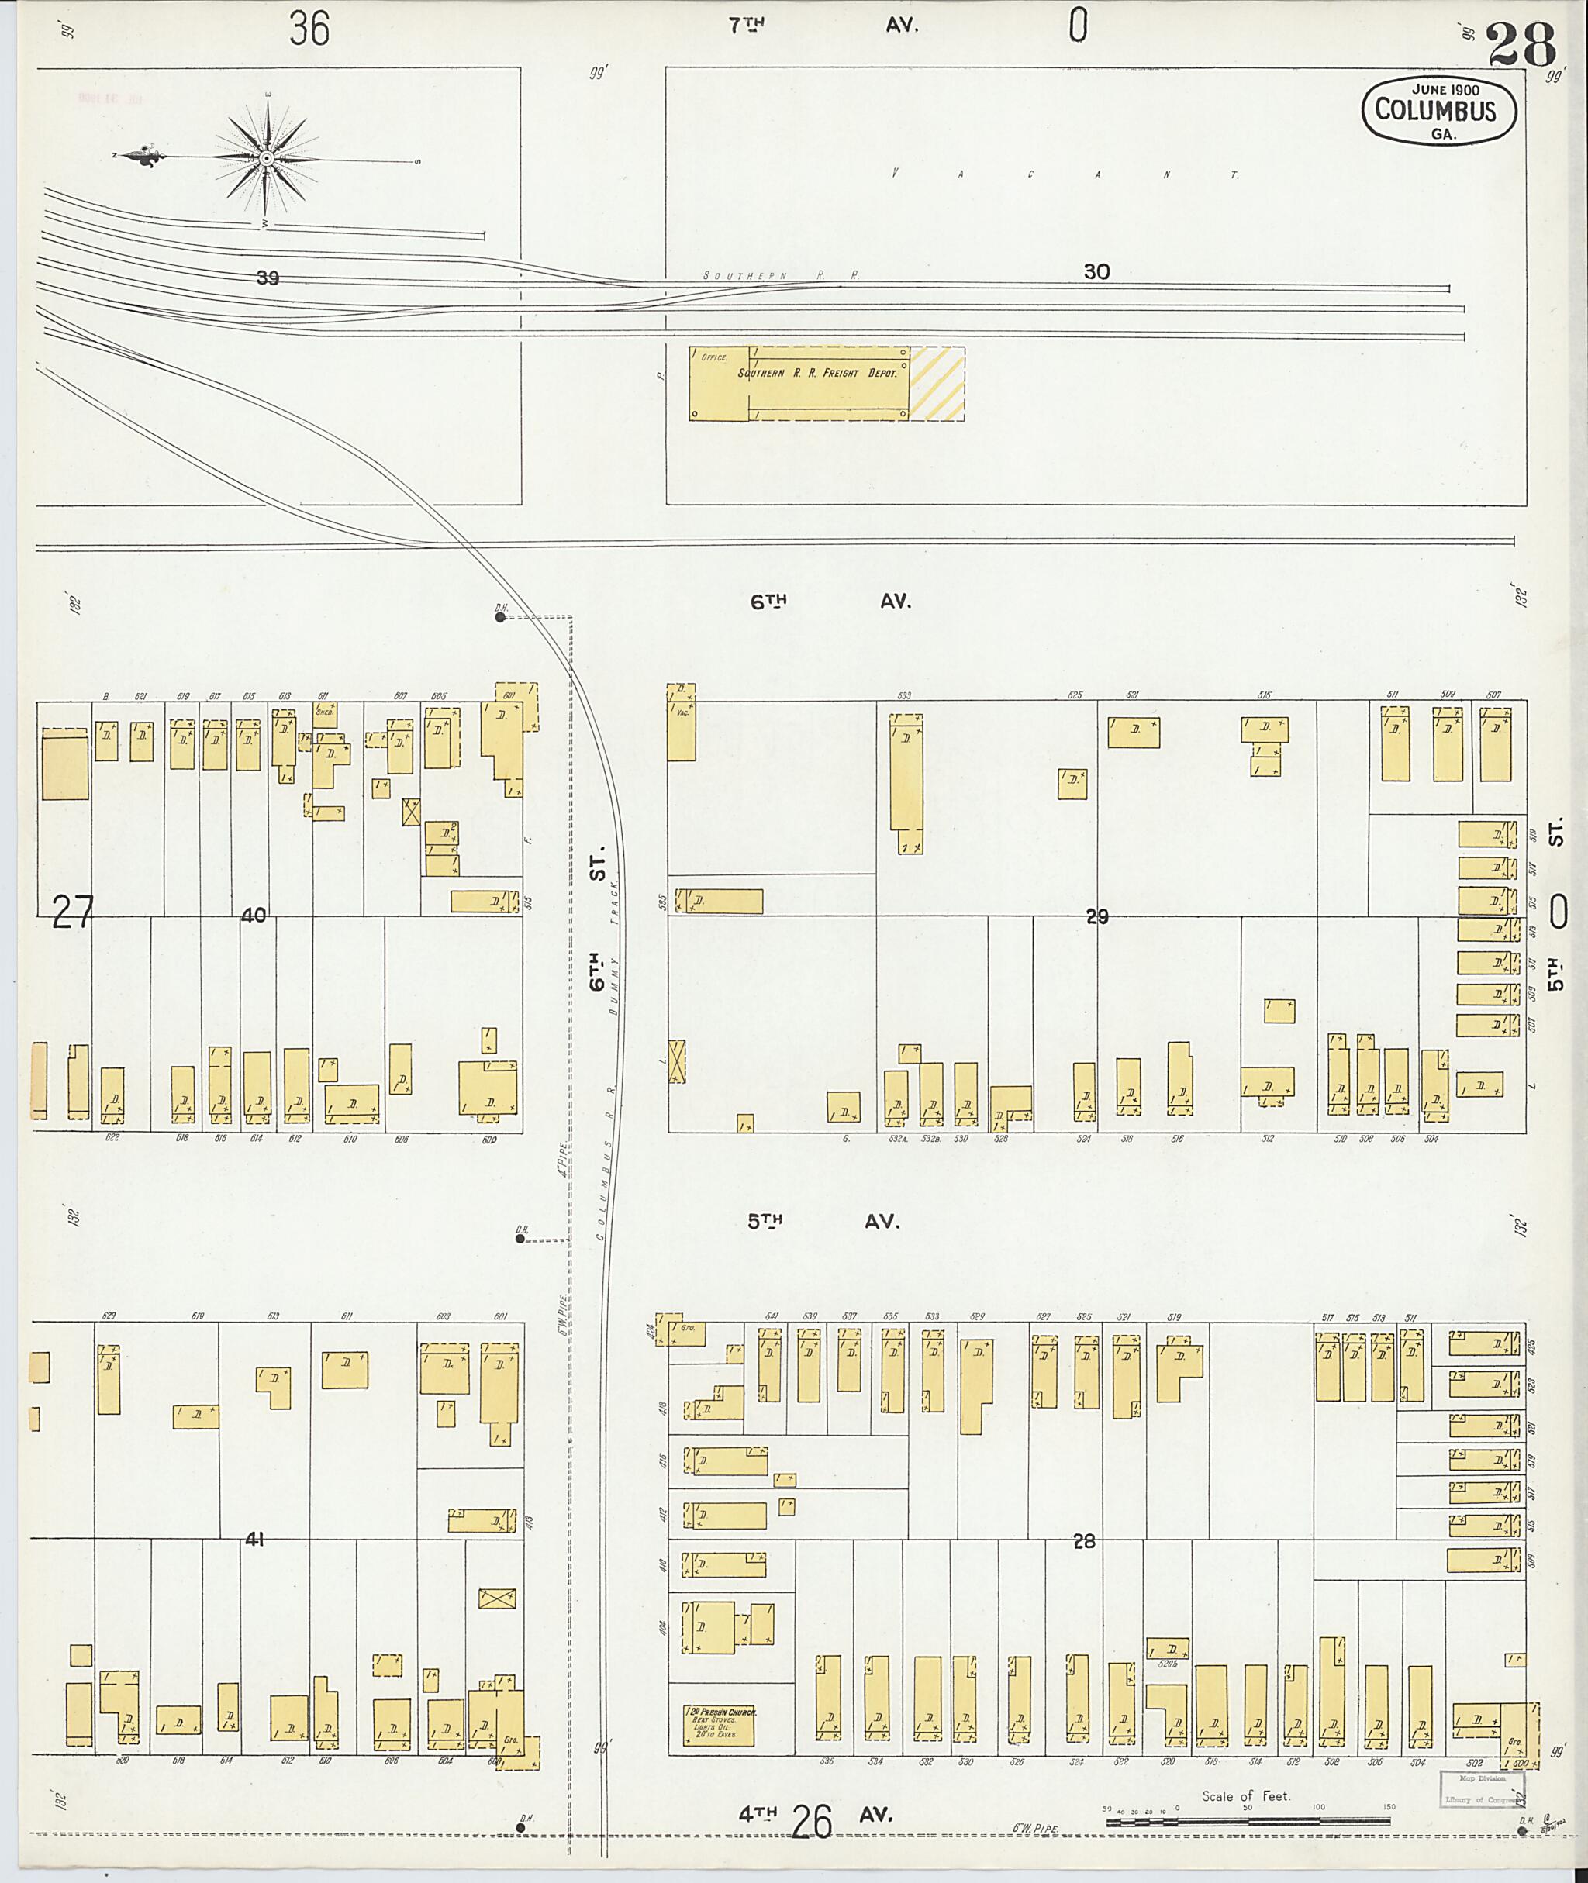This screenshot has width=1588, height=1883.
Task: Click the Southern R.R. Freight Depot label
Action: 817,373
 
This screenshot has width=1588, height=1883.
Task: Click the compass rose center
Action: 267,160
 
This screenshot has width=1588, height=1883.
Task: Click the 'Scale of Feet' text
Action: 1246,1795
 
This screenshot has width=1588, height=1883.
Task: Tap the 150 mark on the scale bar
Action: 1389,1806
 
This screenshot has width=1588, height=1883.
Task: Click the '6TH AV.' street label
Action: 830,602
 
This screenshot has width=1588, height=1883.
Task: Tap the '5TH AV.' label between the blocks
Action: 823,1222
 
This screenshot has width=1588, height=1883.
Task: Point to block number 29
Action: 1096,916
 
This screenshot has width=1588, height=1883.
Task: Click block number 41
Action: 255,1540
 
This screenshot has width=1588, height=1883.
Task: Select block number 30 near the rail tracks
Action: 1096,272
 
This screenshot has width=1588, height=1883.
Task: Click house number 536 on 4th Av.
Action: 826,1761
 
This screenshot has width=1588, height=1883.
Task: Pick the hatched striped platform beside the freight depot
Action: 936,384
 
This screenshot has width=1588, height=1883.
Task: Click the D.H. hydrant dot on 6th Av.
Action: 499,618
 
